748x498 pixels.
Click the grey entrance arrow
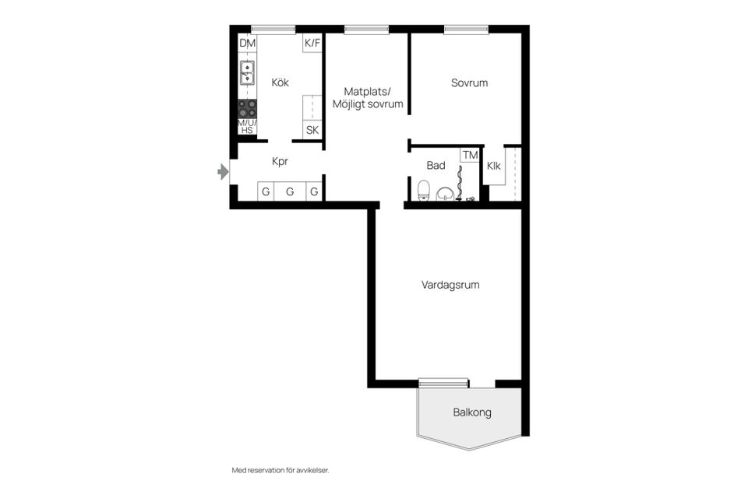click(x=224, y=172)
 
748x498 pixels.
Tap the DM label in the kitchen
click(x=247, y=43)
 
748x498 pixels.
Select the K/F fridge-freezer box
click(x=312, y=43)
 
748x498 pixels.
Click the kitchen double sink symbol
click(x=247, y=72)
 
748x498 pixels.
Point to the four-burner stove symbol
click(x=247, y=108)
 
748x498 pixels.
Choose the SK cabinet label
click(x=312, y=130)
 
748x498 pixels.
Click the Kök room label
click(x=280, y=82)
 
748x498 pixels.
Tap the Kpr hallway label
click(x=280, y=162)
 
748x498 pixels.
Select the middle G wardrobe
click(x=290, y=191)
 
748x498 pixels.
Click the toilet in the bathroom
click(x=423, y=190)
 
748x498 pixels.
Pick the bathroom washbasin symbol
click(x=445, y=193)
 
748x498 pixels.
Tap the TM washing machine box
click(x=470, y=156)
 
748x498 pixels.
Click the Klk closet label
click(x=494, y=166)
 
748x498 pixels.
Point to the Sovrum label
click(x=469, y=82)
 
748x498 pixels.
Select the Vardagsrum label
click(x=450, y=285)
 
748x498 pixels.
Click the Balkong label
click(x=472, y=412)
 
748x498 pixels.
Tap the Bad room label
click(x=436, y=166)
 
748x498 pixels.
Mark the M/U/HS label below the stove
click(x=246, y=127)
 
